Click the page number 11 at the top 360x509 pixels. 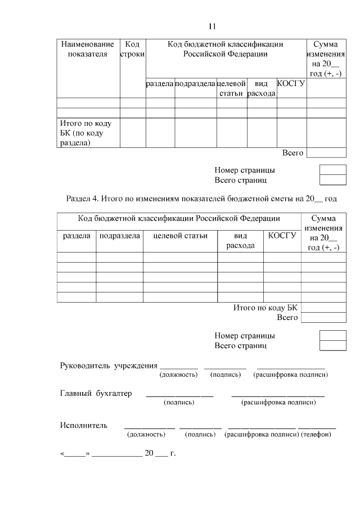tap(213, 26)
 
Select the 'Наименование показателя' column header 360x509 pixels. tap(88, 49)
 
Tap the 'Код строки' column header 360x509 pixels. tap(132, 49)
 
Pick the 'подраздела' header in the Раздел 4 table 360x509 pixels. tap(119, 236)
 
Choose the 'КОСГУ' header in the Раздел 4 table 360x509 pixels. tap(282, 236)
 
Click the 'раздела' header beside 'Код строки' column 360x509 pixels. tap(160, 83)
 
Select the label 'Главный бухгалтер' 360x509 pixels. tap(96, 393)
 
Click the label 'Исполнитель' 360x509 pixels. tap(83, 425)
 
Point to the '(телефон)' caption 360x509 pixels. tap(317, 434)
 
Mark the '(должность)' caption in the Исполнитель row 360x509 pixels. tap(146, 434)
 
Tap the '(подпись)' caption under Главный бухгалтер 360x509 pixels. tap(179, 403)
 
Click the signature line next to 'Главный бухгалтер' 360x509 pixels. tap(179, 397)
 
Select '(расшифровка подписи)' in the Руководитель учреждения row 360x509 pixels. tap(291, 375)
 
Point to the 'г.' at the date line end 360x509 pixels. tap(173, 453)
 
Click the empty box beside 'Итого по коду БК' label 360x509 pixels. tap(323, 308)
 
